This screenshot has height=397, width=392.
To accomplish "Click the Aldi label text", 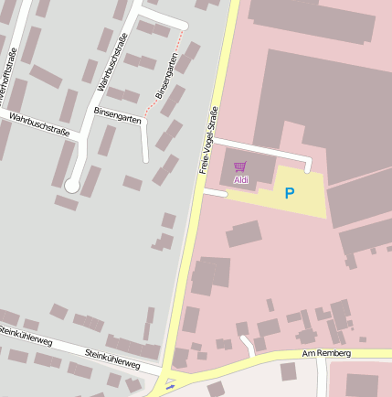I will coord(241,180).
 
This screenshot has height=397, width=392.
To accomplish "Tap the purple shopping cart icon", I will coord(240,167).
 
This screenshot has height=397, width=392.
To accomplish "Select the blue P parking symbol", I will coord(290,193).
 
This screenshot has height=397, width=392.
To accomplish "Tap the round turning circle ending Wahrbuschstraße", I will coord(71,186).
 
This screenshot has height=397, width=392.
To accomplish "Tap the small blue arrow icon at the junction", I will coord(170,387).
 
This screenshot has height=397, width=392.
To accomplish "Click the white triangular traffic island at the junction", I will coord(171,380).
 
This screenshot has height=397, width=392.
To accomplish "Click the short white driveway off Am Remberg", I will coord(248,346).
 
